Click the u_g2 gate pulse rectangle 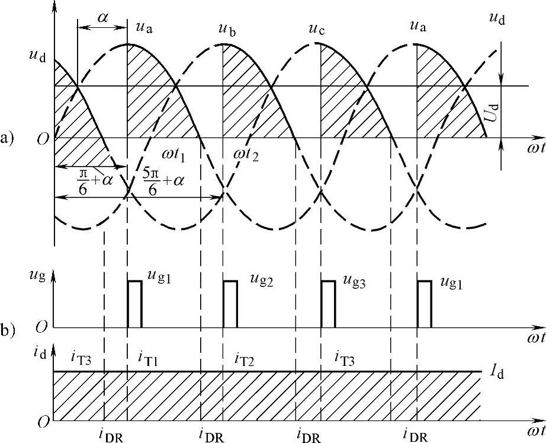coord(230,304)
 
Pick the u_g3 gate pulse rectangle coord(328,304)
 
